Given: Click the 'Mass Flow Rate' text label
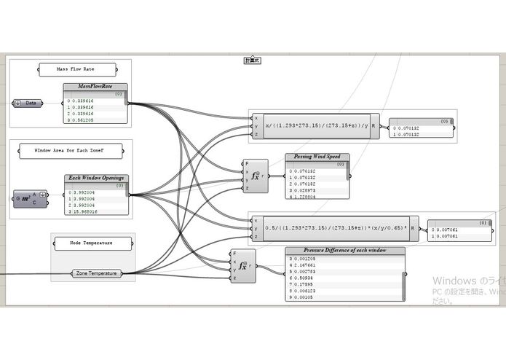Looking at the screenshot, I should pyautogui.click(x=76, y=70).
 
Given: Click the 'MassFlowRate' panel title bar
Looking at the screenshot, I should pyautogui.click(x=95, y=87).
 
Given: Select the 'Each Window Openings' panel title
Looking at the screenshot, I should pyautogui.click(x=96, y=178).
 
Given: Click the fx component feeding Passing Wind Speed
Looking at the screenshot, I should pyautogui.click(x=256, y=176).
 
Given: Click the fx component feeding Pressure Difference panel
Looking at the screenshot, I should pyautogui.click(x=243, y=267).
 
